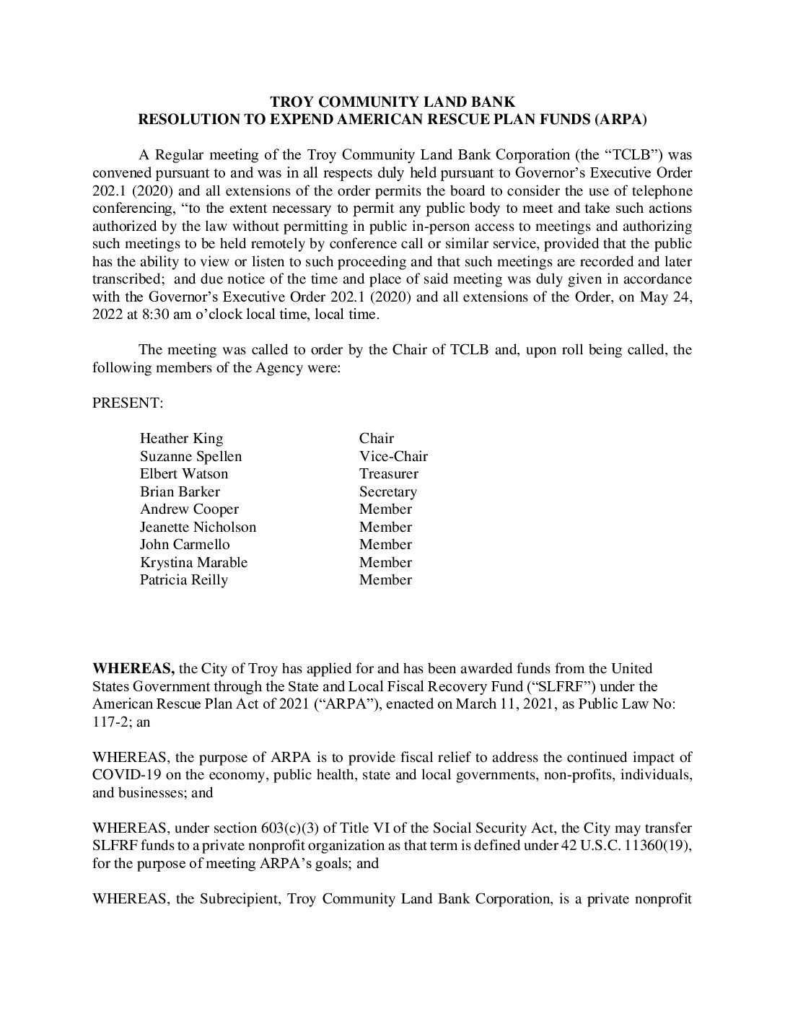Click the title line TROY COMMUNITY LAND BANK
(392, 102)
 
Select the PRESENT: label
(128, 403)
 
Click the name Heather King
(181, 439)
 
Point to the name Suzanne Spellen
(190, 457)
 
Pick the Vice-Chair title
(393, 457)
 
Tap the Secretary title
(387, 492)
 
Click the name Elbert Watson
(183, 474)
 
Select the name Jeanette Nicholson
(198, 527)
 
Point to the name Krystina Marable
(193, 563)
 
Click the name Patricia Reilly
(183, 580)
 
